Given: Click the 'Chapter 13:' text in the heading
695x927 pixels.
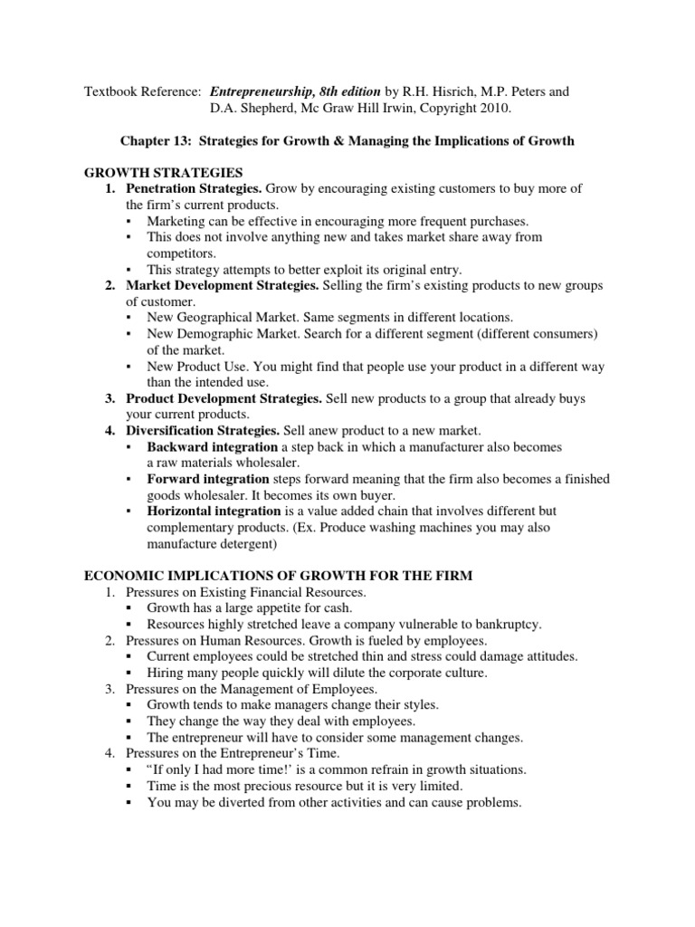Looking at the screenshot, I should (157, 141).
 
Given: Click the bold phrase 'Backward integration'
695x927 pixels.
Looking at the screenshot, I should (213, 447).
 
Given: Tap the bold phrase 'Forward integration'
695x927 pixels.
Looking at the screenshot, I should (208, 479).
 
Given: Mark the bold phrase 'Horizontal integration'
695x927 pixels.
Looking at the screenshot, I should (215, 511).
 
